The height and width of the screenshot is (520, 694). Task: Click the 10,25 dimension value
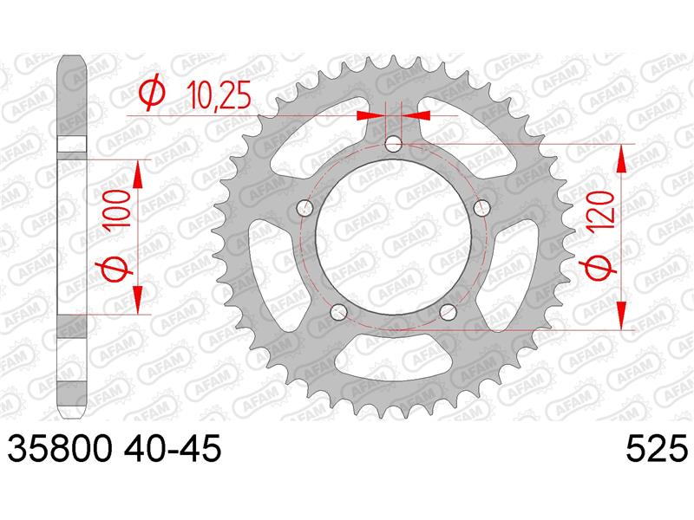tap(219, 95)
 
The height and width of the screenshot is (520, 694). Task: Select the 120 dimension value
tap(602, 209)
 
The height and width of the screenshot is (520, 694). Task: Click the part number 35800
tap(59, 449)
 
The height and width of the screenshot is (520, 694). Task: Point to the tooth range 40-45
tap(173, 449)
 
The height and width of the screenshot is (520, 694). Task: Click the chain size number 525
tap(657, 449)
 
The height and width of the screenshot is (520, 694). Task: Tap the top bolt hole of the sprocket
tap(393, 144)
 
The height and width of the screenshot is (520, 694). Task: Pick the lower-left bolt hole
tap(338, 311)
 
